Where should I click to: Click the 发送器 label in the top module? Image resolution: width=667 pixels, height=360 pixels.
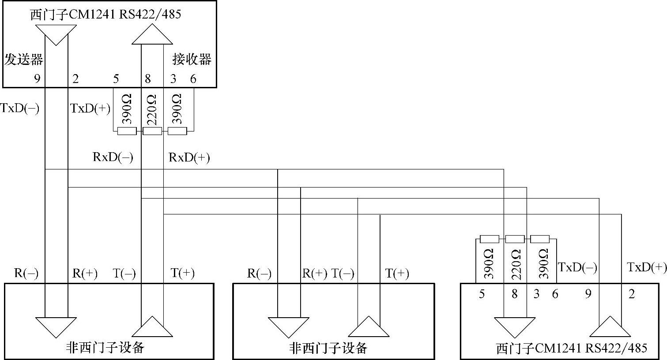(x=24, y=59)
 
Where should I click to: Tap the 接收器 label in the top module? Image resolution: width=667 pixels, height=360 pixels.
(x=192, y=59)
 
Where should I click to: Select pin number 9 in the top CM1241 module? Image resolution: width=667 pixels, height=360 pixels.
(x=37, y=79)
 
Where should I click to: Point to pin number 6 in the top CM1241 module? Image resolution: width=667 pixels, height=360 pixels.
(x=193, y=79)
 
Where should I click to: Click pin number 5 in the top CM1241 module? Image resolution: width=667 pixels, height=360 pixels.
(x=116, y=79)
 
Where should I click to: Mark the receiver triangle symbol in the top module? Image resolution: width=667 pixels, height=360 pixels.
(x=152, y=34)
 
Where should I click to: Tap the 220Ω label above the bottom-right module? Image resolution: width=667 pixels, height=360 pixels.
(x=515, y=264)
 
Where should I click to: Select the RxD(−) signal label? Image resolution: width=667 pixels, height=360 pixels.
(x=113, y=157)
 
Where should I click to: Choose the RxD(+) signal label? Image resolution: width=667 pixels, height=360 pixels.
(x=189, y=157)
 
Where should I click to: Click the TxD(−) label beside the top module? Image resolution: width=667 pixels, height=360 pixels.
(x=20, y=109)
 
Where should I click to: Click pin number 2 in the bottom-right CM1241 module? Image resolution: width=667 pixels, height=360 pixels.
(x=632, y=294)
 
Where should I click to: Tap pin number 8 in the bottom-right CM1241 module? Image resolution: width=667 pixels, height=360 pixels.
(x=515, y=294)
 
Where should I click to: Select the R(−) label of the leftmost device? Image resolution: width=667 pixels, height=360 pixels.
(x=26, y=274)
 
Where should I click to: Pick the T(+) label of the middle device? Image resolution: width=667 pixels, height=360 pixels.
(x=397, y=274)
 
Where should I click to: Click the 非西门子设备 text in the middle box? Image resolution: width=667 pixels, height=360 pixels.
(x=328, y=348)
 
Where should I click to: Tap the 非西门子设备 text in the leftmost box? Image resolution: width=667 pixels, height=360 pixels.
(x=105, y=348)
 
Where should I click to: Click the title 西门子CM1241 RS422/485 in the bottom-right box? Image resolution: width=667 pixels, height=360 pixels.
(x=572, y=349)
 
